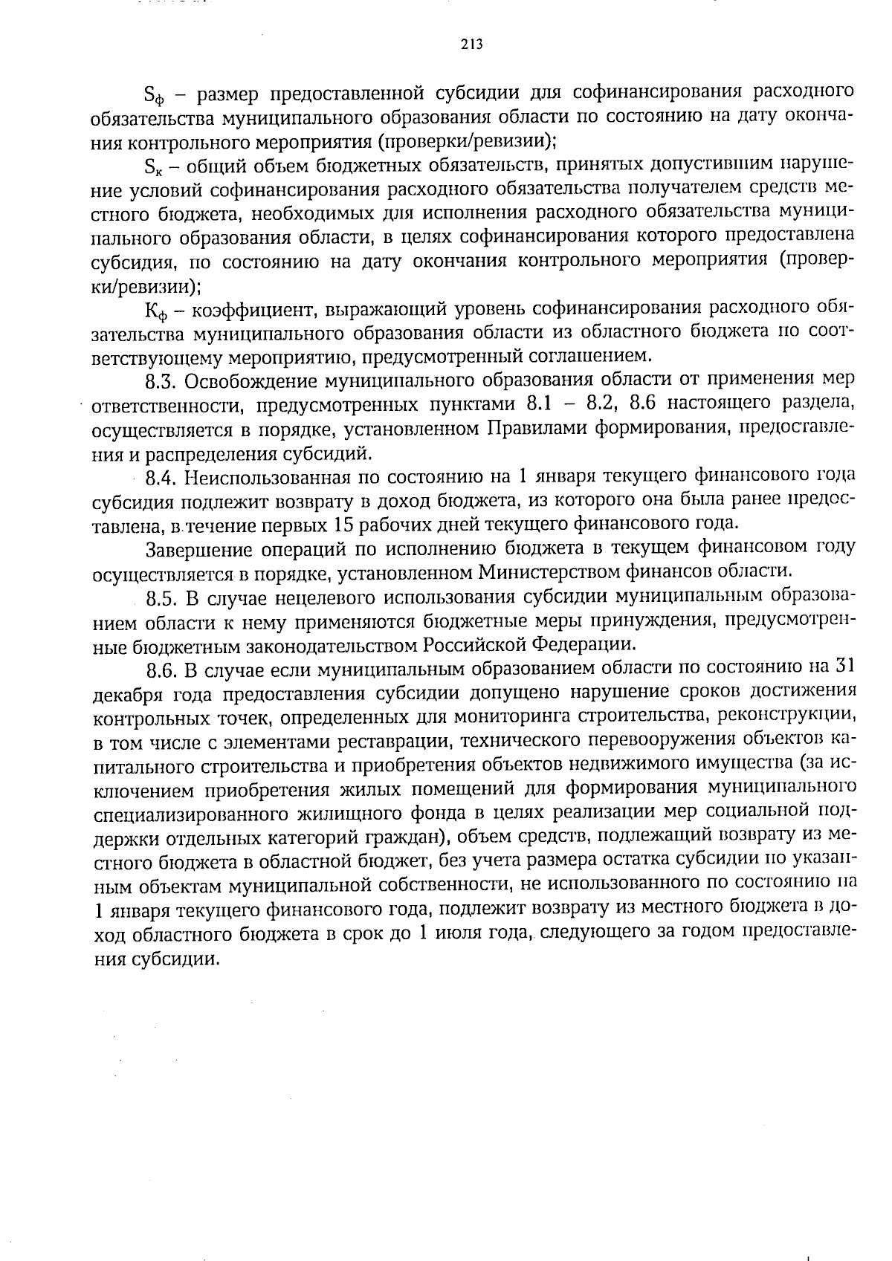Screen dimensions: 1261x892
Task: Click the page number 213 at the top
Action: pos(471,45)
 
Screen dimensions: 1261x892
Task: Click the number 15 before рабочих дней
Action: pos(343,525)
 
